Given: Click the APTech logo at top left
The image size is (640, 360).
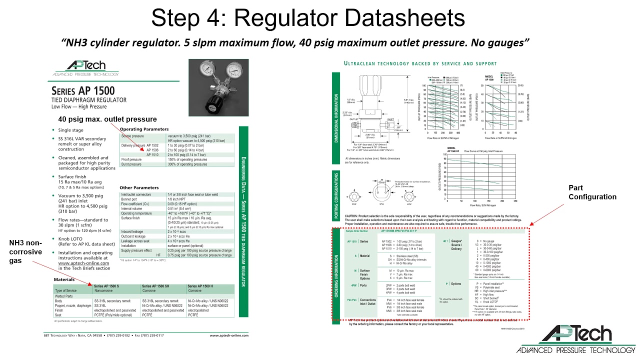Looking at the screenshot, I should pyautogui.click(x=85, y=67).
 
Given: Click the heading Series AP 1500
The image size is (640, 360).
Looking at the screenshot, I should pyautogui.click(x=83, y=91).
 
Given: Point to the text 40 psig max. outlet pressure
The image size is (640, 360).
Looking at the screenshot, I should pyautogui.click(x=107, y=119).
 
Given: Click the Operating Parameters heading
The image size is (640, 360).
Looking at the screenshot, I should pyautogui.click(x=144, y=129).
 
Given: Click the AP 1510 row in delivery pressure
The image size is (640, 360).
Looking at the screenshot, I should pyautogui.click(x=152, y=155).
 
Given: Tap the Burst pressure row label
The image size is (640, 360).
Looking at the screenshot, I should pyautogui.click(x=132, y=164).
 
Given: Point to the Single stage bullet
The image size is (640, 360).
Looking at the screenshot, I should pyautogui.click(x=71, y=130).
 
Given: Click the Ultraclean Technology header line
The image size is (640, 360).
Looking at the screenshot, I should pyautogui.click(x=420, y=63).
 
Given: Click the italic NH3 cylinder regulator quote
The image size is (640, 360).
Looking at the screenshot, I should pyautogui.click(x=295, y=42).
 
